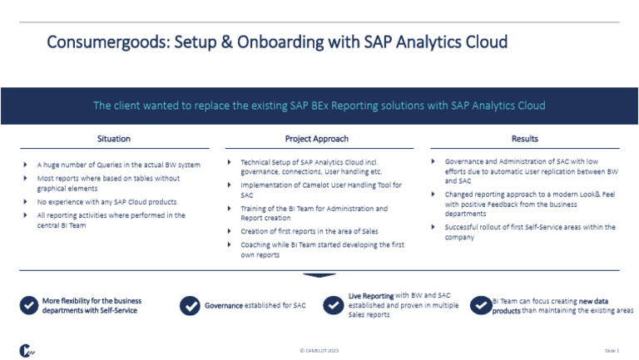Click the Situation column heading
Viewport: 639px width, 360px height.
[x=113, y=139]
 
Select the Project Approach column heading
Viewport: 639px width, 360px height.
[x=316, y=139]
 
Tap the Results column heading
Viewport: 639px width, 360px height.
[x=524, y=139]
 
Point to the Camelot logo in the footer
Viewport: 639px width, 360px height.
[x=27, y=351]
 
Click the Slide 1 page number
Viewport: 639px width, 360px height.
[x=612, y=352]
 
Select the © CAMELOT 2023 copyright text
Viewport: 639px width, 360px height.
[x=319, y=352]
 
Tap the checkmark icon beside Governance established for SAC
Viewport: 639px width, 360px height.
[x=190, y=306]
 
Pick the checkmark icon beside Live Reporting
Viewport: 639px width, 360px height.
[x=334, y=305]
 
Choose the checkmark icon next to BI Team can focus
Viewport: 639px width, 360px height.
[x=479, y=305]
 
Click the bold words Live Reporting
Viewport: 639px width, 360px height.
[x=371, y=296]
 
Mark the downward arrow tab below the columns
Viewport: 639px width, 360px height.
[x=319, y=275]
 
